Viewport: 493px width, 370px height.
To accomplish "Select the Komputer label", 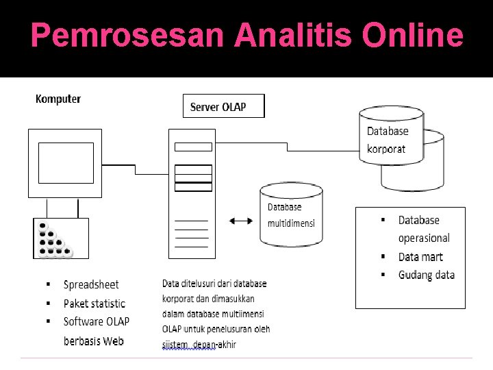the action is tap(58, 99).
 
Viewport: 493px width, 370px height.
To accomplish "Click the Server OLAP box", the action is tap(223, 106).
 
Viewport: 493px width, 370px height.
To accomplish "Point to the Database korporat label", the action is tap(387, 140).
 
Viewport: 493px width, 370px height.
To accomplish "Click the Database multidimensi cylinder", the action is tap(290, 214).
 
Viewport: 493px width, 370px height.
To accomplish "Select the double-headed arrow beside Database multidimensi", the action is tap(240, 221).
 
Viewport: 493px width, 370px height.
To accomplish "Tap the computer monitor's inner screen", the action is tap(66, 162).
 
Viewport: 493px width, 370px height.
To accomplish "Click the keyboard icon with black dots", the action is tap(60, 238).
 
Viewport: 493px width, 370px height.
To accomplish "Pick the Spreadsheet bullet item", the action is tap(90, 285).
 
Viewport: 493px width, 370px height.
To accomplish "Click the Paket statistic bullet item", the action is tap(94, 304).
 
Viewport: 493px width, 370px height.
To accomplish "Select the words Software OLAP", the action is tap(96, 321).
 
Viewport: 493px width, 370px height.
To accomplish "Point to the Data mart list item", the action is tap(420, 257).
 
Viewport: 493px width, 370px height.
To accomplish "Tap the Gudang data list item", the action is tap(426, 275).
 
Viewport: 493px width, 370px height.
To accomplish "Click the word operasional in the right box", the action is tap(424, 238).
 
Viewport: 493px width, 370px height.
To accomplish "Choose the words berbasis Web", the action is tap(93, 341).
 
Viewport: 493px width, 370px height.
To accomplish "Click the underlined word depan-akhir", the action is tap(214, 345).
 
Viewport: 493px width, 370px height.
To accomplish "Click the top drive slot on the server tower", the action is tap(194, 146).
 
